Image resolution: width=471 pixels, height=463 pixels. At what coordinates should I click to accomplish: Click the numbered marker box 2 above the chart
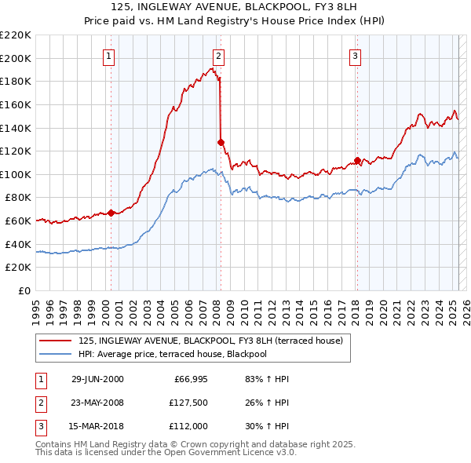(x=217, y=56)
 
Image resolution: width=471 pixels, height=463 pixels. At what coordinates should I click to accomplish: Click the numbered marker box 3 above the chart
(x=356, y=56)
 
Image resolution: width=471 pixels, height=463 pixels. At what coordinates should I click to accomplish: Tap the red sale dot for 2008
(x=221, y=142)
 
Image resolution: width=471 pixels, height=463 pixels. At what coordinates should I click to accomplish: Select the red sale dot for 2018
(x=357, y=160)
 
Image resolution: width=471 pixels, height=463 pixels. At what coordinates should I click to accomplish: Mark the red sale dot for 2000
(x=111, y=213)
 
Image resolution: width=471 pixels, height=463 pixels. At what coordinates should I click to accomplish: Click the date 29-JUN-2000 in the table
(x=97, y=379)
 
